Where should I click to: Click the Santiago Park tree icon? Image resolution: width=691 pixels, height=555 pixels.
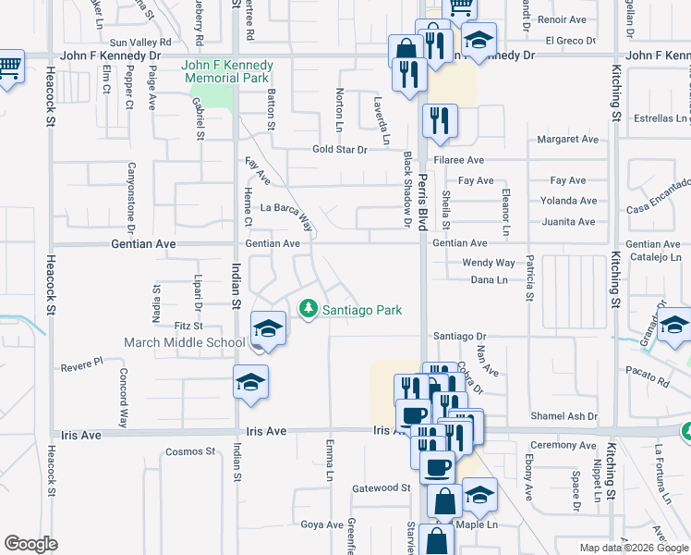[308, 309]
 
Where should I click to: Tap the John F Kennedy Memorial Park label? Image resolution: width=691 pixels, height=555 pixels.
[227, 72]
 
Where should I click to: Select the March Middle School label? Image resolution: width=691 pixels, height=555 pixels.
[185, 342]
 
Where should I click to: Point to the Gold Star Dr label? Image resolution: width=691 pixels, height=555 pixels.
[339, 149]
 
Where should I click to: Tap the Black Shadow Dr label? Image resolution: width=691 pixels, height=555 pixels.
[406, 189]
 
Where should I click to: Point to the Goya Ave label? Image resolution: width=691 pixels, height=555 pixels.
[322, 524]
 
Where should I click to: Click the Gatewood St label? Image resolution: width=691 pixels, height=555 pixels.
[382, 487]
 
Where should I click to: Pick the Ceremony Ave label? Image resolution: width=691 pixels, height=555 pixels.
[563, 445]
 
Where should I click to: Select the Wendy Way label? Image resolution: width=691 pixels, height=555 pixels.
[488, 263]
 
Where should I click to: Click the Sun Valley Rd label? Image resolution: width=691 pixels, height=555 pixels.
[141, 43]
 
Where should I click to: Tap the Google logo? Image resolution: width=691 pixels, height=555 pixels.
[31, 544]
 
